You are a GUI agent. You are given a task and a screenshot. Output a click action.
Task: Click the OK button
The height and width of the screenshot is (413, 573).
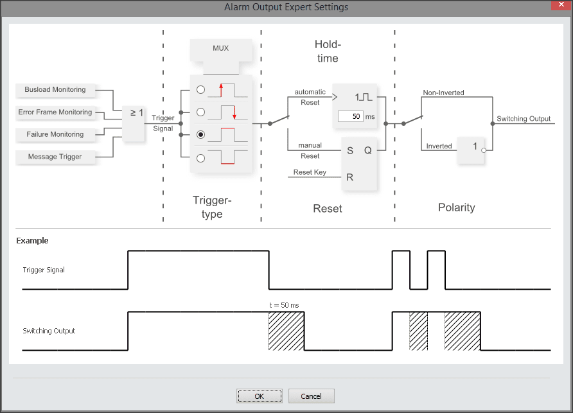point(259,396)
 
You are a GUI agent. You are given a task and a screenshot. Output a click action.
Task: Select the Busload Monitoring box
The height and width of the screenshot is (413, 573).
point(55,90)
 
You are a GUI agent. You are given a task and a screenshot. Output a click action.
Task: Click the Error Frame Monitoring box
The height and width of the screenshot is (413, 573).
point(55,112)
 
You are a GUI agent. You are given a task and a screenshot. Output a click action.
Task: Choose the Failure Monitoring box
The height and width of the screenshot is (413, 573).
point(55,134)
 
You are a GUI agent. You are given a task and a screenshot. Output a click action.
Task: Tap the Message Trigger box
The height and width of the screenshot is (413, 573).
point(55,157)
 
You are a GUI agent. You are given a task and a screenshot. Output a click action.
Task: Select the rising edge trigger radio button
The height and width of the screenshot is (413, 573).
point(201,89)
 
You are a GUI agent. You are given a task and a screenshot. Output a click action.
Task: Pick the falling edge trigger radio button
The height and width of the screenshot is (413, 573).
point(201,112)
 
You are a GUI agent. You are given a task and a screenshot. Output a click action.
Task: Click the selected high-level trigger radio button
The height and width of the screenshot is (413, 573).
point(201,135)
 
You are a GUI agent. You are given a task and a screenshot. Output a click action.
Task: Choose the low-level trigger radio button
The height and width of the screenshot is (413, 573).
point(201,157)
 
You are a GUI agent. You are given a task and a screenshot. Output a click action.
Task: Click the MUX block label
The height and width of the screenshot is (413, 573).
point(220,48)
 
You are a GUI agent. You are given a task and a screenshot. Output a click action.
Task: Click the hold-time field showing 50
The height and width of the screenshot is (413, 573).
point(350,116)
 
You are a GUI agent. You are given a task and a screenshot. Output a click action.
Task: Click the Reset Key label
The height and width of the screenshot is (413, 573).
point(310,172)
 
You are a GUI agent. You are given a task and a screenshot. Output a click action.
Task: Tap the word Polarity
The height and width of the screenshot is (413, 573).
point(456,207)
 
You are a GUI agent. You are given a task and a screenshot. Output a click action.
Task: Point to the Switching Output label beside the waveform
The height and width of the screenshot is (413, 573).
point(49,331)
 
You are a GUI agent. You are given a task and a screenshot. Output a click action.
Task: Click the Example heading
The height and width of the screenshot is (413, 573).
point(32,241)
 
